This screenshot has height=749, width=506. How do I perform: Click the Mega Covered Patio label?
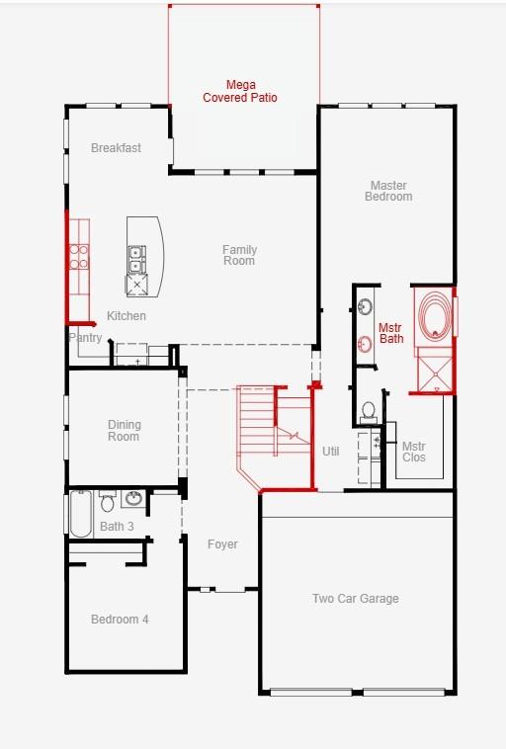click(x=240, y=91)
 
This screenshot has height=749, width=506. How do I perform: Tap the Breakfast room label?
click(x=116, y=148)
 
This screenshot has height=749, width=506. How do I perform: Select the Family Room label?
click(x=239, y=255)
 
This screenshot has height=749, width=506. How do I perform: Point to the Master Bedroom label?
click(x=388, y=191)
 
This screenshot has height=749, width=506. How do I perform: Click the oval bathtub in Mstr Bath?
click(x=435, y=314)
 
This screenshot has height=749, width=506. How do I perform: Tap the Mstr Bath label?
click(x=390, y=333)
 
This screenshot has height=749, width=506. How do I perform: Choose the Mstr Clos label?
click(x=414, y=452)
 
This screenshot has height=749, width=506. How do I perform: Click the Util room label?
click(x=331, y=452)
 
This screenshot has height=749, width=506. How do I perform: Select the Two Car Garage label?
click(x=356, y=599)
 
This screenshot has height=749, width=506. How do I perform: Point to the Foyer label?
click(x=222, y=544)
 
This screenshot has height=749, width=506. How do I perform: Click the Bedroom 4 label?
click(x=120, y=620)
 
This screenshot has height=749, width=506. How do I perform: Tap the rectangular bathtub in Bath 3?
click(x=81, y=514)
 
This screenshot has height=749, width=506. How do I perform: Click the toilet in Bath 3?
click(x=108, y=501)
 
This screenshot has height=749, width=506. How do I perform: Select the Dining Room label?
click(x=124, y=431)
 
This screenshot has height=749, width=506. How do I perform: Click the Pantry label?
click(x=86, y=338)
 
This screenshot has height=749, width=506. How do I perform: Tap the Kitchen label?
click(x=126, y=316)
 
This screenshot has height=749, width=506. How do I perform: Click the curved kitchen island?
click(x=144, y=257)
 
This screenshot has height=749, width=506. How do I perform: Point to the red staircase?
click(x=275, y=437)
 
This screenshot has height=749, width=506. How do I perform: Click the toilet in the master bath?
click(x=369, y=413)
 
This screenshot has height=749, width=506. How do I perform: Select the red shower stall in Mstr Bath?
click(x=435, y=371)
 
